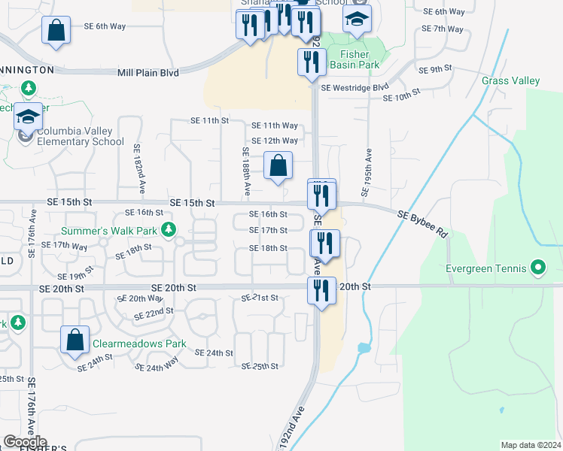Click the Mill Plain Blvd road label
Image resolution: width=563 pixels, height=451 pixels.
pos(148,73)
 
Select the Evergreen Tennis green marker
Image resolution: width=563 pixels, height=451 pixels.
pos(537,268)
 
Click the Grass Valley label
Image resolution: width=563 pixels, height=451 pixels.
pos(510,80)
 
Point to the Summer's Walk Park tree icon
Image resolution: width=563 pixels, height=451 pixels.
pos(170,229)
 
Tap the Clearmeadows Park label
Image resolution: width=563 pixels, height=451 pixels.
pos(138,344)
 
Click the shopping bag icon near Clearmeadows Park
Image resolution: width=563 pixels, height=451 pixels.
pos(75,340)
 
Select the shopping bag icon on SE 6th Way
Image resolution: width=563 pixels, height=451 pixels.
pos(57,31)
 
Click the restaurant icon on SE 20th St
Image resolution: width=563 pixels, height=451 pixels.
pos(321,290)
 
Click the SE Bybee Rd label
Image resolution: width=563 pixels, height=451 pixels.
pos(422,223)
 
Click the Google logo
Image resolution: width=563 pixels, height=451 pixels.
pos(25,441)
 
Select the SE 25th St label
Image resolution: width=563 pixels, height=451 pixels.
pos(260,366)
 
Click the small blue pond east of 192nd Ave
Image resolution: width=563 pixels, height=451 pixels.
pos(364,349)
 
